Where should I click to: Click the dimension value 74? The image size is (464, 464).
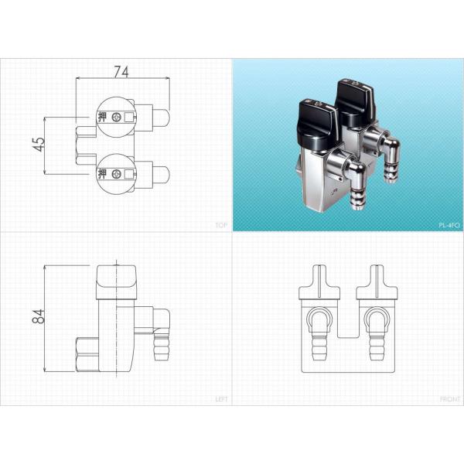pos(121,72)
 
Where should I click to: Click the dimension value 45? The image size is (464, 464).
pos(39,144)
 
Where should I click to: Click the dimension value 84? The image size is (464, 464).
pos(39,316)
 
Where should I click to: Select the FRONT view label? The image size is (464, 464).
pos(449,399)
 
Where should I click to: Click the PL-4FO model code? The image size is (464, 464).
pos(449,225)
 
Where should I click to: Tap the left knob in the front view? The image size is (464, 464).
pos(319,281)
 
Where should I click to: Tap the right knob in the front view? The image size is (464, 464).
pos(378,281)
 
